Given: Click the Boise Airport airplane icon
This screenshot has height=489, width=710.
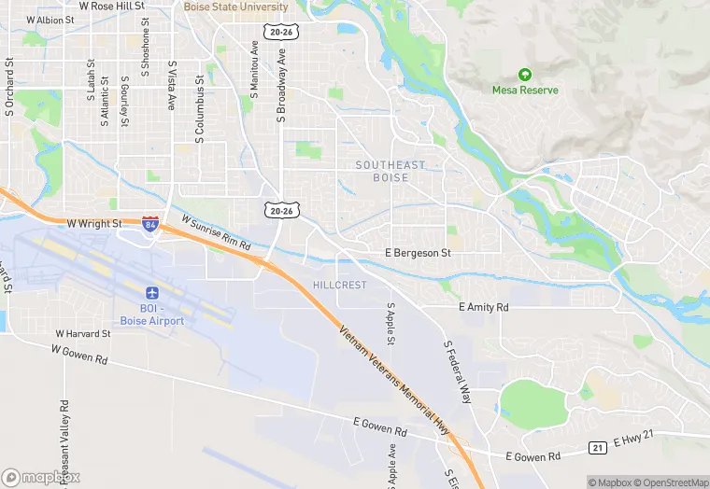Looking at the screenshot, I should coord(152,293).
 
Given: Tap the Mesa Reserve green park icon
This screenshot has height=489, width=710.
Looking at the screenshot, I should coord(525,75).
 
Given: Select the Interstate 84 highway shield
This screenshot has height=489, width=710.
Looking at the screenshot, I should coord(150,224).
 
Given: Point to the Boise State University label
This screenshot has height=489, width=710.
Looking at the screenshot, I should coord(237,7).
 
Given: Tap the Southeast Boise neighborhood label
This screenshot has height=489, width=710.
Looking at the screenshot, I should coord(390,171).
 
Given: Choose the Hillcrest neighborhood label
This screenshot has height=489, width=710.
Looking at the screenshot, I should coord(340,285).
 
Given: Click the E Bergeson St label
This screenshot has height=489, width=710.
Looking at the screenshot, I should coord(419,253).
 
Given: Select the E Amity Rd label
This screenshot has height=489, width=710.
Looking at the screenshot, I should coord(483,307).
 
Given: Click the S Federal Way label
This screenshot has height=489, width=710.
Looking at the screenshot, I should coord(456,369).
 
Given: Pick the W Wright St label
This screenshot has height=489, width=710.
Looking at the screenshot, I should coord(95,224).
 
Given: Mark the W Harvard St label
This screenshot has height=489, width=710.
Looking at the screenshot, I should coord(84,333).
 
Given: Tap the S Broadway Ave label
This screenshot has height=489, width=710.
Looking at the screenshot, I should coord(280,86).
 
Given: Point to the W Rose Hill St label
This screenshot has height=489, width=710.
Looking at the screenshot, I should coord(112,6).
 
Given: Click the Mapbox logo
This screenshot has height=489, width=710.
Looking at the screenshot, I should coord(41,477).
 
